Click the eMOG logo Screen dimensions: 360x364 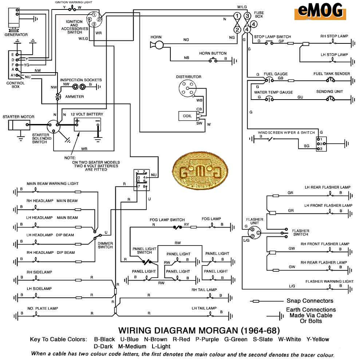click(320, 11)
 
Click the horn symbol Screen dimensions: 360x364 click(157, 44)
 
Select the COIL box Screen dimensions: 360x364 click(187, 116)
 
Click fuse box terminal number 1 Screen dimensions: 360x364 click(237, 16)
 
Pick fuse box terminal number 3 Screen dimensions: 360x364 click(248, 16)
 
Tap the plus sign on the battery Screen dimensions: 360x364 click(78, 121)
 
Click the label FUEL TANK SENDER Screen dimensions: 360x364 click(332, 74)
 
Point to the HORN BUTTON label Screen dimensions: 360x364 click(213, 53)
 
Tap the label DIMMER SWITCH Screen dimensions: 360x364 click(105, 245)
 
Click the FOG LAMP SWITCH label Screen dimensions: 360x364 click(167, 220)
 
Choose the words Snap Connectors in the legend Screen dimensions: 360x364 click(310, 301)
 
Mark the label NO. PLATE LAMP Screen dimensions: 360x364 click(42, 309)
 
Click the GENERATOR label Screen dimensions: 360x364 click(16, 35)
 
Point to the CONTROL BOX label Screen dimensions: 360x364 click(16, 85)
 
